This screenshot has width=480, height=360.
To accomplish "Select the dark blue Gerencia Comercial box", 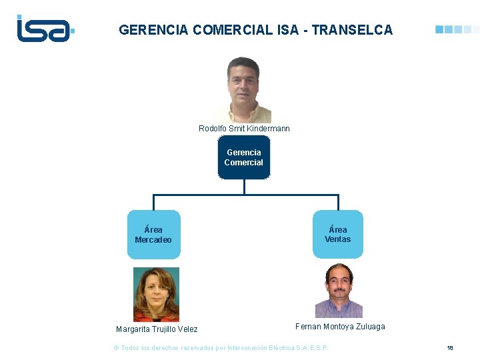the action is point(244,158).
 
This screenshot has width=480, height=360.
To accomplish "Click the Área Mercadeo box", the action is point(153,235).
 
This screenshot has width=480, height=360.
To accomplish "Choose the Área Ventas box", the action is point(338,235).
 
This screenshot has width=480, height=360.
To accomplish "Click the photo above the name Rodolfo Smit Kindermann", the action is point(244,89).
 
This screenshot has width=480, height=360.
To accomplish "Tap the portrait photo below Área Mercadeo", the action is point(156,294).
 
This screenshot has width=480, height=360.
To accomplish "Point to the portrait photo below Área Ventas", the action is point(339,290).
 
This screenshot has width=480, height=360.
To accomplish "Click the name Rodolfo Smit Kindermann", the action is point(244,128).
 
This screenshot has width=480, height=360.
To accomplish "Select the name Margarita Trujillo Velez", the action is point(157,329).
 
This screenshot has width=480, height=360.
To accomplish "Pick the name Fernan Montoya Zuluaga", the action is point(340,327).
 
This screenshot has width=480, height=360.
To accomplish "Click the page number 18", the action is point(450,348).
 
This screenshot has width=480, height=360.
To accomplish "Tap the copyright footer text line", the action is point(221,348).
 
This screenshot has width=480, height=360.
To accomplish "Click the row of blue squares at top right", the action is point(457,30).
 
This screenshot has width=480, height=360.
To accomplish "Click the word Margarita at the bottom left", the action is point(133,329).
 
